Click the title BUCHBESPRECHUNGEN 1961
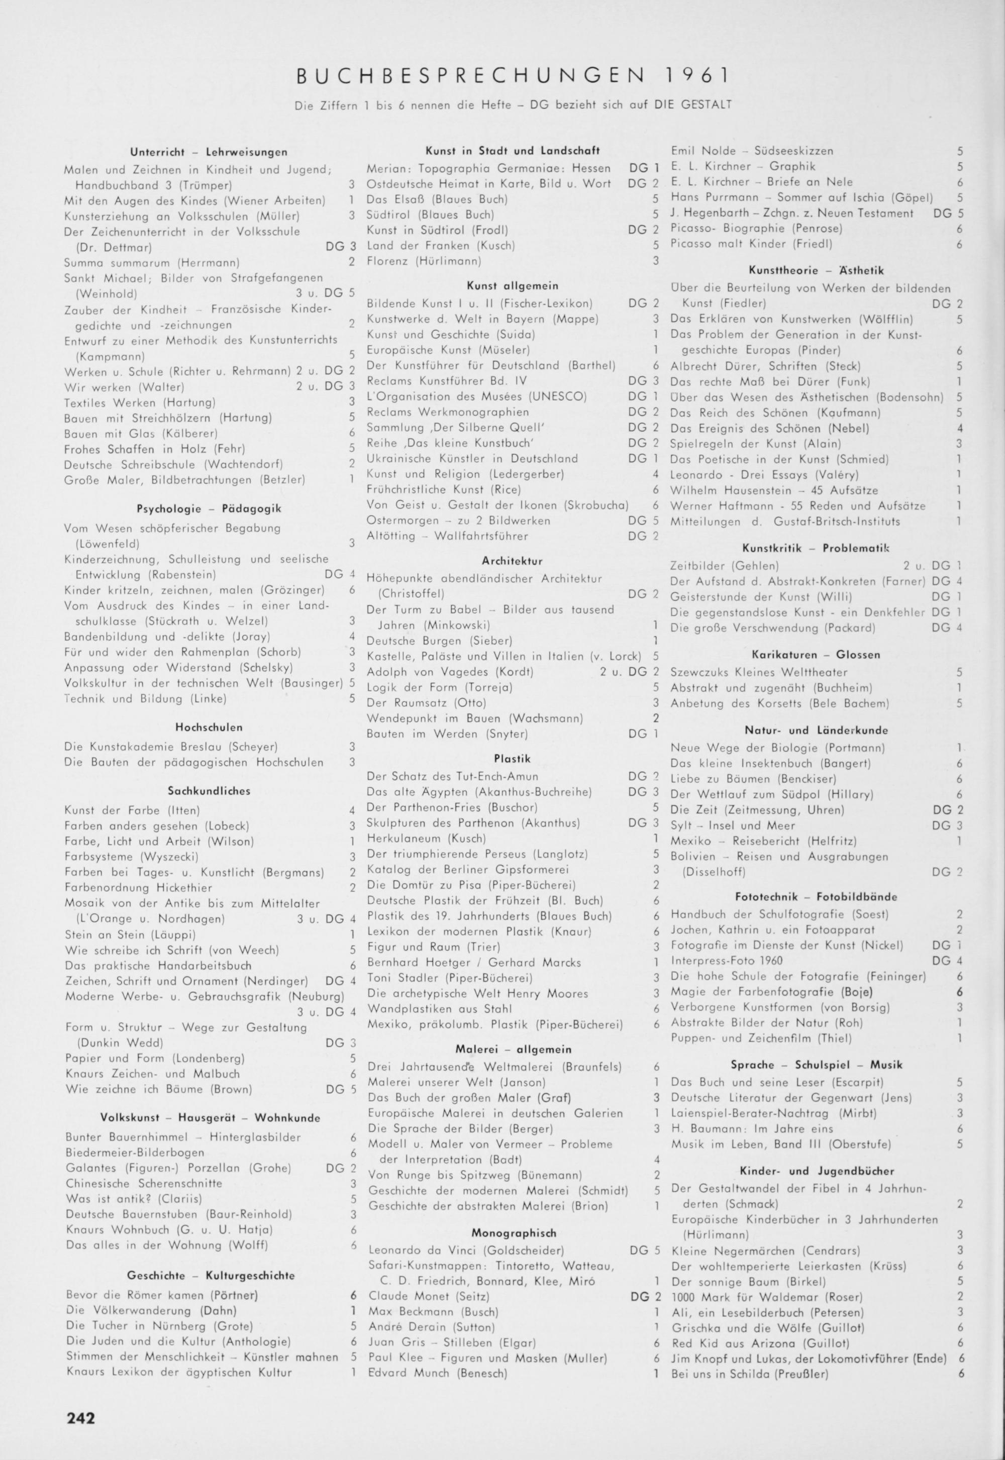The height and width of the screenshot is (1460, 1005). pos(513,77)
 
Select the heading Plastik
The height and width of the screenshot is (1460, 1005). pos(512,759)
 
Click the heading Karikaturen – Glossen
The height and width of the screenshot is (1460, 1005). pos(816,654)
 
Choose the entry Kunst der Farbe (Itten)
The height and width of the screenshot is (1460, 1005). pos(132,810)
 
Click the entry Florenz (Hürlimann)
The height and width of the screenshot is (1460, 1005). pos(424,261)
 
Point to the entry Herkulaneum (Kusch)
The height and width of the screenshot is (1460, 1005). pos(426,839)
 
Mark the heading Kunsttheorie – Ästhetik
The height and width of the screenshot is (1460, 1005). pos(816,270)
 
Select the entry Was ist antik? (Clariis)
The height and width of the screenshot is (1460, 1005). pos(134,1199)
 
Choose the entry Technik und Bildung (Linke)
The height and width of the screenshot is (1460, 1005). pos(145,699)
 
